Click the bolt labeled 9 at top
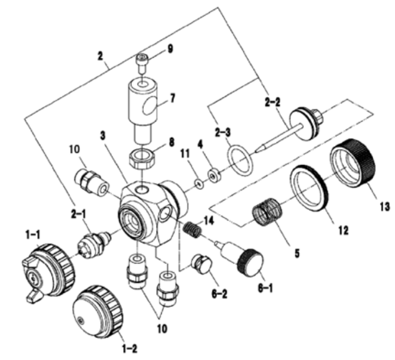coord(142,59)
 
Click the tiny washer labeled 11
coord(199,182)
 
